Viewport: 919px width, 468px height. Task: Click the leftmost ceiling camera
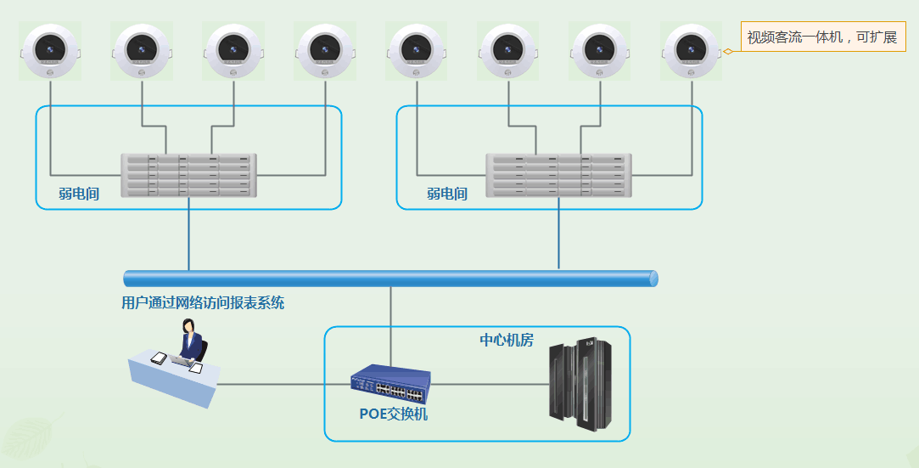coord(50,51)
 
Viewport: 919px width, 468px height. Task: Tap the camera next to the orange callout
coord(691,51)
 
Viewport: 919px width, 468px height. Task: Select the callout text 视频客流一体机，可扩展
coord(821,37)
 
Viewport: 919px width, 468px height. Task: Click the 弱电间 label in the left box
coord(79,194)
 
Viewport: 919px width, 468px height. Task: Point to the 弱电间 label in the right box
coord(446,194)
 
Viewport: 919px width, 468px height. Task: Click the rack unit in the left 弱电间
coord(188,175)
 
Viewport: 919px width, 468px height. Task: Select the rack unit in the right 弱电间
coord(558,175)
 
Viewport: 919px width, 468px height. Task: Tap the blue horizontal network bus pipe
coord(391,279)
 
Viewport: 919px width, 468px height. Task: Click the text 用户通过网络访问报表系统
coord(203,302)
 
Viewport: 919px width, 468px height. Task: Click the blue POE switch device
coord(391,384)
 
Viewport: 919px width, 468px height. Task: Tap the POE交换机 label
coord(393,414)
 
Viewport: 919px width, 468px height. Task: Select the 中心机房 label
coord(507,340)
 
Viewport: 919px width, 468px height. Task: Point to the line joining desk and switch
coord(284,385)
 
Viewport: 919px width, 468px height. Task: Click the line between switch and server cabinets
coord(490,385)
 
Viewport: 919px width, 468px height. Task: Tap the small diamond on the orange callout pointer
coord(728,52)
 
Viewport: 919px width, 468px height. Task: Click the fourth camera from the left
coord(325,51)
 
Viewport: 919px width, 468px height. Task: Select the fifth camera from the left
coord(416,51)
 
